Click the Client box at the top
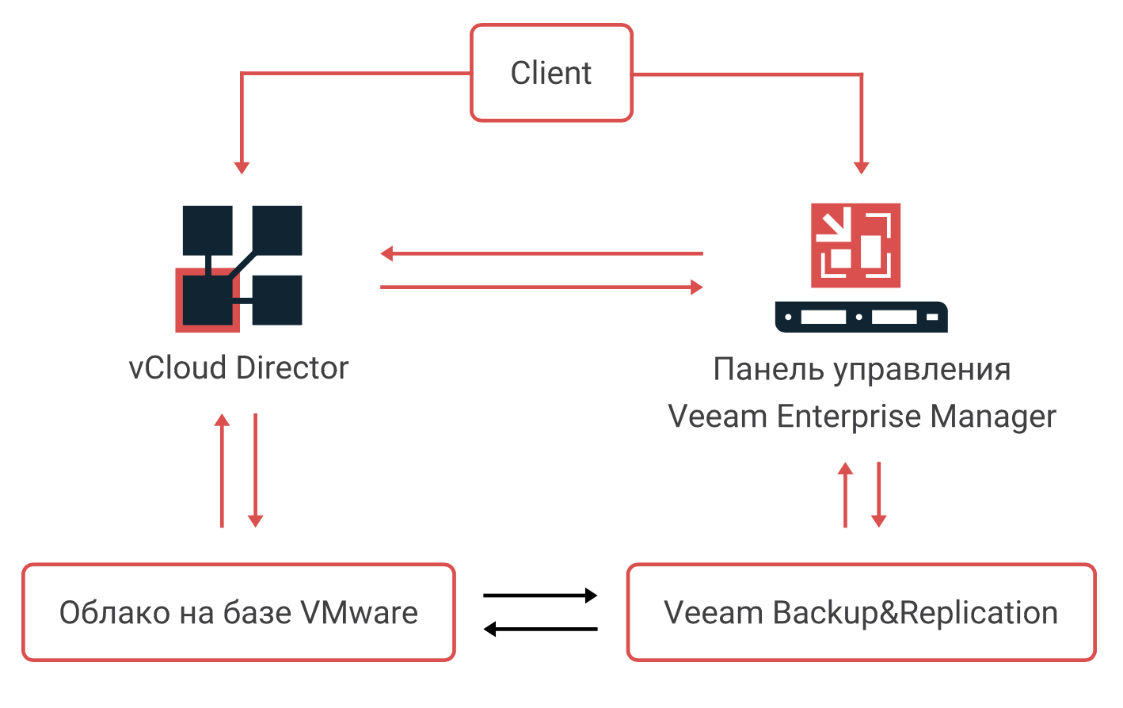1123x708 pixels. coord(551,73)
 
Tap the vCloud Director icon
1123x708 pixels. coord(239,268)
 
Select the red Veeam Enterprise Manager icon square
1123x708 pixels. coord(855,245)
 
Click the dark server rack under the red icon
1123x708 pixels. coord(861,317)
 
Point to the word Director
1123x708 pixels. coord(292,368)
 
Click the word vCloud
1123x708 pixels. coord(178,368)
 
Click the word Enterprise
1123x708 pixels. coord(849,417)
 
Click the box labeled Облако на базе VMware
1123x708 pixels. coord(238,612)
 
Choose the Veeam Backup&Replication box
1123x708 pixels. coord(861,612)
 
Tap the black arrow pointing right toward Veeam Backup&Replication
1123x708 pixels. coord(540,596)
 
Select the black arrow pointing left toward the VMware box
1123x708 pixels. coord(540,630)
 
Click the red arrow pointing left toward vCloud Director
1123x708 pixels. coord(542,253)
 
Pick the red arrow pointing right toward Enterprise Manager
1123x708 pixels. coord(542,287)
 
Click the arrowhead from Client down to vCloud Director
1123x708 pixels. coord(242,167)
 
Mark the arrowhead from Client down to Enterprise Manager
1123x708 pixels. coord(862,167)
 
